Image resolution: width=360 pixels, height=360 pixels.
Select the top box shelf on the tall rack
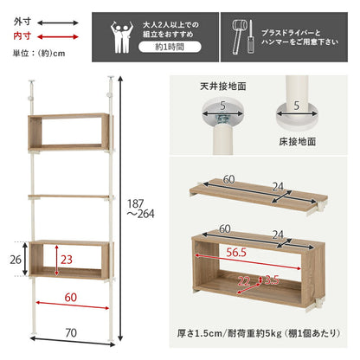coord(68,132)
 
